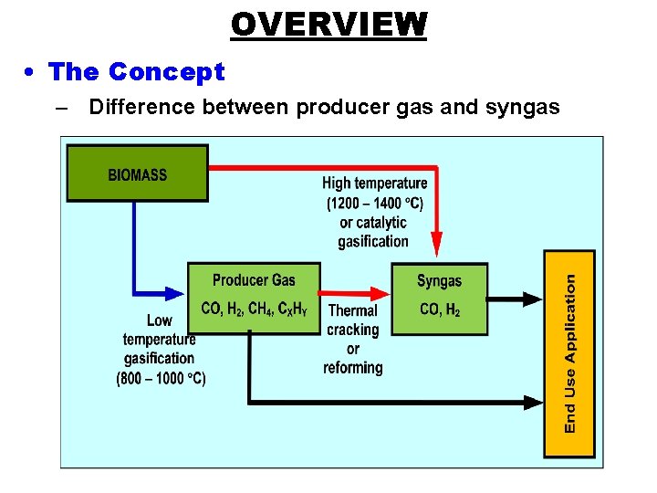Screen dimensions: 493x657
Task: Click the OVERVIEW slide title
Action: [x=328, y=24]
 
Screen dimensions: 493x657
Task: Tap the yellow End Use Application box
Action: [x=569, y=354]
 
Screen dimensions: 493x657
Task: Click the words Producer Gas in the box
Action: [x=254, y=280]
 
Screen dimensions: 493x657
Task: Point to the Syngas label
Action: [x=440, y=281]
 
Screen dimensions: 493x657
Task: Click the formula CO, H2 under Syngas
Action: [x=440, y=309]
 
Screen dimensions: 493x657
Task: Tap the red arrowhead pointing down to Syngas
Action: [x=436, y=245]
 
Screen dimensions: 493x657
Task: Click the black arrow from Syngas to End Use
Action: [x=516, y=298]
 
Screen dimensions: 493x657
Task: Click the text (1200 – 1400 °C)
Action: [x=375, y=203]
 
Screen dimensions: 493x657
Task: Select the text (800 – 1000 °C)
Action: [x=162, y=378]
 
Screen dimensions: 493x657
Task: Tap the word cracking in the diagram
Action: [x=353, y=330]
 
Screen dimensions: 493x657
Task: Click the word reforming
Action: [x=353, y=368]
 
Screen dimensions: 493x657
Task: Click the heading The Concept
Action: [x=136, y=71]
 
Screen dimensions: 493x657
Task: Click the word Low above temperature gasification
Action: [x=160, y=320]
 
